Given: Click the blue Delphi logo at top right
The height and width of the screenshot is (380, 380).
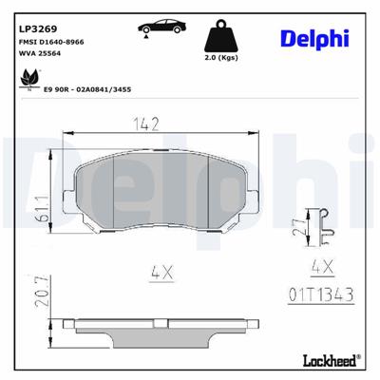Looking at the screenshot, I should coord(313,38).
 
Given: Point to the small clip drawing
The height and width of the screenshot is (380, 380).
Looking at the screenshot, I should coord(326,225).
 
